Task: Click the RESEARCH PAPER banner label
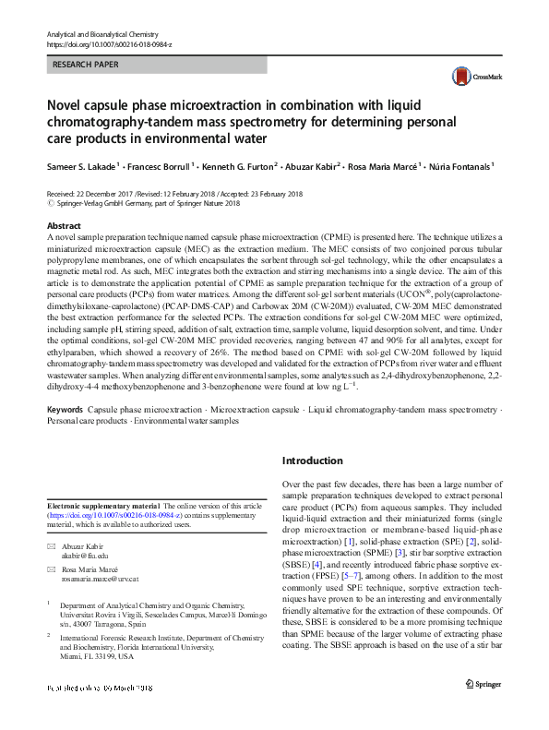coord(87,66)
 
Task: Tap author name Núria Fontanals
coord(458,167)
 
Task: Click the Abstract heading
coord(63,226)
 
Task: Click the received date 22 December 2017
coord(98,195)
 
